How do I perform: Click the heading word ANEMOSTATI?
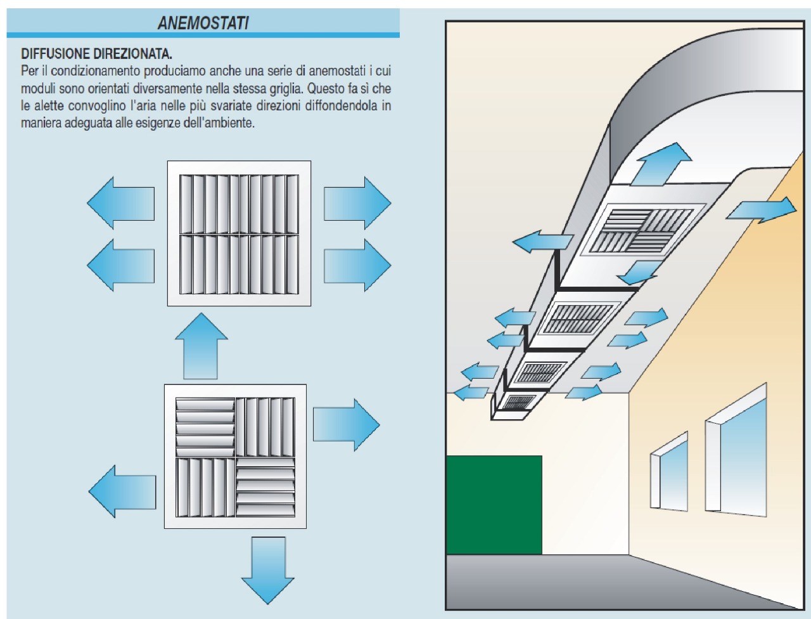(x=203, y=23)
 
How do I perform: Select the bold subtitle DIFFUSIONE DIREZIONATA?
(x=96, y=54)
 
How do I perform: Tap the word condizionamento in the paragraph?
(x=93, y=71)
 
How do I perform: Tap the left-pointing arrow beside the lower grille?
(x=122, y=491)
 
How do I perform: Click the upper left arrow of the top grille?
(x=121, y=203)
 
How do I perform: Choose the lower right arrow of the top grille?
(x=357, y=264)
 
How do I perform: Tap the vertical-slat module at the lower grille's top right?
(x=266, y=427)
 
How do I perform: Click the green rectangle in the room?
(x=494, y=505)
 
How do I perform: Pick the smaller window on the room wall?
(x=670, y=472)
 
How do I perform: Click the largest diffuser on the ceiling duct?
(x=646, y=228)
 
